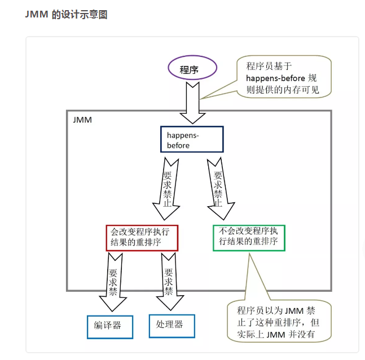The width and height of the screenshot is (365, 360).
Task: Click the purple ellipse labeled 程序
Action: click(x=191, y=70)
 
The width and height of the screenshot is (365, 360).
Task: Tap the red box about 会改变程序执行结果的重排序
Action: click(x=142, y=237)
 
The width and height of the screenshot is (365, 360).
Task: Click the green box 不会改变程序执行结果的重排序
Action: click(x=249, y=237)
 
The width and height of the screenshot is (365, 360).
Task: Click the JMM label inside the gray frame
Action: click(x=82, y=121)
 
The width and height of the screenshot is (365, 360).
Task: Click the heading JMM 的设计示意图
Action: click(x=67, y=15)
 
